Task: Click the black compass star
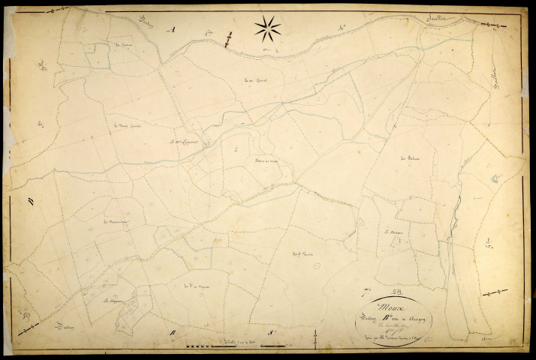(x=267, y=29)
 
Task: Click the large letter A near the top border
(x=172, y=30)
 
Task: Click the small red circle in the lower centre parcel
(x=316, y=265)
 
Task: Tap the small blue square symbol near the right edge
(x=495, y=178)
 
